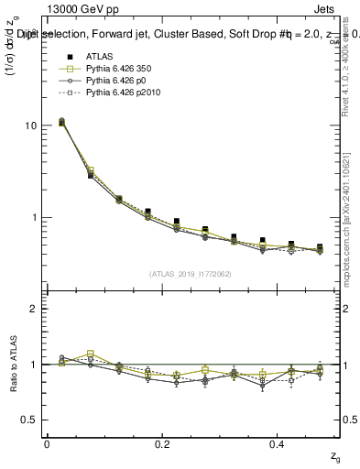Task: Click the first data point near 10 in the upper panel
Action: (61, 121)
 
